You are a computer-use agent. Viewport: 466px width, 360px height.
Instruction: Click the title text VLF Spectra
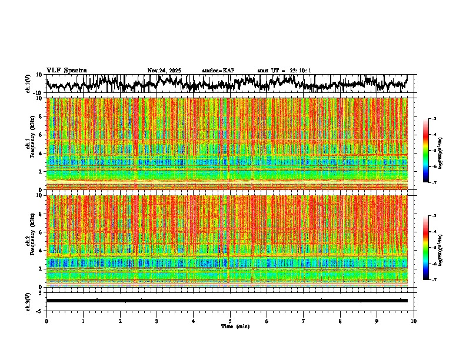(66, 71)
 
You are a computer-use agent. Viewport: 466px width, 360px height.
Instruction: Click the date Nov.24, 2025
(164, 71)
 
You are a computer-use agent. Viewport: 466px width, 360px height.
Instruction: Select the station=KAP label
(218, 71)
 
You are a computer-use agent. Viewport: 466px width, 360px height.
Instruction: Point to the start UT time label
(284, 71)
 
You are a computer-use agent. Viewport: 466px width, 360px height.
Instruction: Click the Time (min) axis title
(235, 326)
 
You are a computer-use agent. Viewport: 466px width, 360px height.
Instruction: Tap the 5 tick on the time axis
(230, 321)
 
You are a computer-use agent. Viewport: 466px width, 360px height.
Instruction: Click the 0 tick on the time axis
(46, 321)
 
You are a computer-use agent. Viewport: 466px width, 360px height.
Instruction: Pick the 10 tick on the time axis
(414, 321)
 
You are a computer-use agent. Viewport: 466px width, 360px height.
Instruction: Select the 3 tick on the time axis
(157, 321)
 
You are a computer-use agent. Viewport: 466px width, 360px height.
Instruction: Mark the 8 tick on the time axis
(341, 321)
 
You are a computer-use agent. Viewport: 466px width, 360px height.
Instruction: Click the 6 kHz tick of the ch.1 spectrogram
(40, 135)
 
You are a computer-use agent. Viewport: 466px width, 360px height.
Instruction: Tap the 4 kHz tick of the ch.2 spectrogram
(40, 250)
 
